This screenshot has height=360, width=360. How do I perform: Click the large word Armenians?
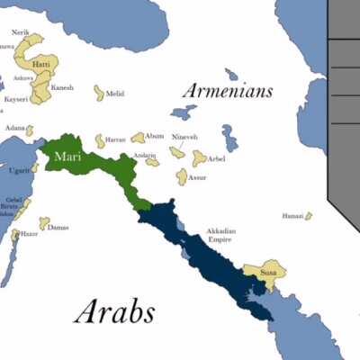[227, 91]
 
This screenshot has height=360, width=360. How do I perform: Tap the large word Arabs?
[114, 311]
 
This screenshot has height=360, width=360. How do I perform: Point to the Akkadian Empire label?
[220, 236]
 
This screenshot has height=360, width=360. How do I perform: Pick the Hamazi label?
[292, 216]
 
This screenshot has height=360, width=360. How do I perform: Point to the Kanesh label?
[62, 87]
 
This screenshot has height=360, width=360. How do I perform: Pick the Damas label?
[58, 227]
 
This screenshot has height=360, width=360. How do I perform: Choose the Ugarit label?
[21, 170]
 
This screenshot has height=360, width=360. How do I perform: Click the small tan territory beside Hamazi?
[308, 216]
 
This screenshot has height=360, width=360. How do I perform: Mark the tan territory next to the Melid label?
[98, 93]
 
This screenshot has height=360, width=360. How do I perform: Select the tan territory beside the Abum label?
[138, 138]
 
